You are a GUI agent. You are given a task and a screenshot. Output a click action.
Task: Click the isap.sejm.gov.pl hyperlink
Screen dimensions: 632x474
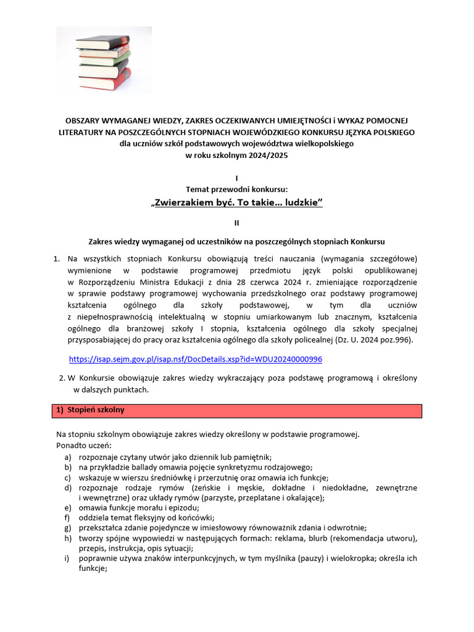196,359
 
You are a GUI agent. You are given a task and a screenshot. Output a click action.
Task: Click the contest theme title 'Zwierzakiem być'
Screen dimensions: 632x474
237,204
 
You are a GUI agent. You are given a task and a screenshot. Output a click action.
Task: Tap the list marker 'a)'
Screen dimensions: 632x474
67,457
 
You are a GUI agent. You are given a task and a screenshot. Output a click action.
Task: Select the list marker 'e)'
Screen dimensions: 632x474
67,507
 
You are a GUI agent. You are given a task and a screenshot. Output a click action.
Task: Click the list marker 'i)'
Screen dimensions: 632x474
66,559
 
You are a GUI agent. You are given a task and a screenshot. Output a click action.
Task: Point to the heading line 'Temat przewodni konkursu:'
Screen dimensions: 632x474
236,189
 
